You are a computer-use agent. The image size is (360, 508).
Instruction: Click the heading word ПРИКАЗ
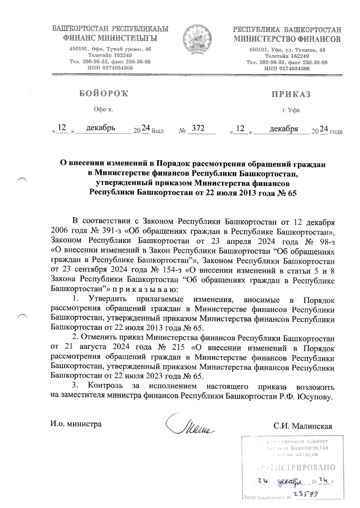[x=291, y=94]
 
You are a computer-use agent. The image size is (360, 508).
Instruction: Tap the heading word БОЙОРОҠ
[x=103, y=94]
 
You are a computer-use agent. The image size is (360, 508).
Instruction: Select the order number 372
[x=198, y=128]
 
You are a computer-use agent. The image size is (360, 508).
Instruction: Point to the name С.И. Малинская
[x=302, y=426]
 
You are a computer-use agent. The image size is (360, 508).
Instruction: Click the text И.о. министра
[x=76, y=424]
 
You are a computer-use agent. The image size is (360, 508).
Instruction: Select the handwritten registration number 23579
[x=306, y=494]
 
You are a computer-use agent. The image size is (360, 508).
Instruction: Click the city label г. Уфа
[x=291, y=110]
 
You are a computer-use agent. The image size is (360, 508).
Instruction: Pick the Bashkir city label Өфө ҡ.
[x=103, y=110]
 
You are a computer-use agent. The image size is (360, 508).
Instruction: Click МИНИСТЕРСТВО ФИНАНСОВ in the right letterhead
[x=287, y=39]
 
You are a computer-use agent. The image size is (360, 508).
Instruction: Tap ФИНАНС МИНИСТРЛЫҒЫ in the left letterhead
[x=110, y=38]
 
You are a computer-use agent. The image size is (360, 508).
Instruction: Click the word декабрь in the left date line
[x=100, y=128]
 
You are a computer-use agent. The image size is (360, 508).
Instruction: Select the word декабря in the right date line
[x=283, y=129]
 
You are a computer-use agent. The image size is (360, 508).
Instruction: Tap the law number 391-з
[x=109, y=232]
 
